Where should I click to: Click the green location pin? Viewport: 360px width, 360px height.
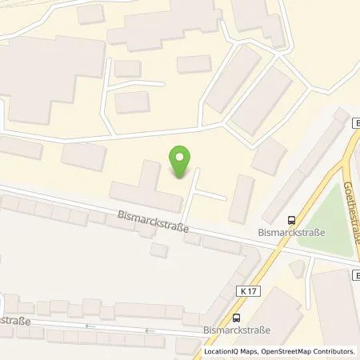pos(181,160)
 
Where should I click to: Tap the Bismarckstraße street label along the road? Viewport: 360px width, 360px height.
pos(153,221)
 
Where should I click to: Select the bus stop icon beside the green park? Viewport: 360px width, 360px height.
pos(291,221)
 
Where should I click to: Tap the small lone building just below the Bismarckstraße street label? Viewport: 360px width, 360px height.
pos(159,250)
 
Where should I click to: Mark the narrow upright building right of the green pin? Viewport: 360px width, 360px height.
pos(242,198)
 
